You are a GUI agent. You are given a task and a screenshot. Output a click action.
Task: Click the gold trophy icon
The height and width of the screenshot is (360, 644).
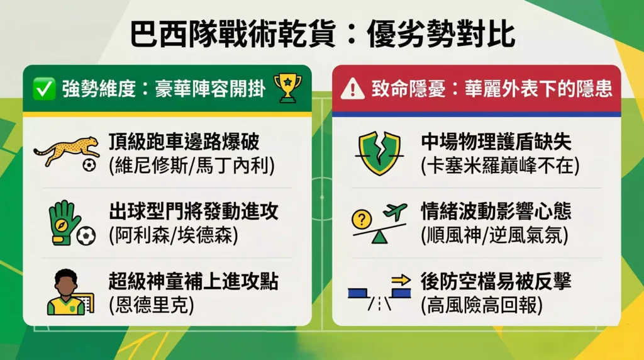pos(287,88)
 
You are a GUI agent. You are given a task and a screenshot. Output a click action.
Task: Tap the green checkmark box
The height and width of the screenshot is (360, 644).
pos(43,88)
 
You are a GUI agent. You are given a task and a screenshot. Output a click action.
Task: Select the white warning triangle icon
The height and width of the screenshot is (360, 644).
pos(352,89)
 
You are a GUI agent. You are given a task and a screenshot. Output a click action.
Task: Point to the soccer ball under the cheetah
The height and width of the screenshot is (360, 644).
pos(89,165)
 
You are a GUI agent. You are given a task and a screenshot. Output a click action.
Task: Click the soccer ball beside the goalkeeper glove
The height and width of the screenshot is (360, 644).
pos(86,236)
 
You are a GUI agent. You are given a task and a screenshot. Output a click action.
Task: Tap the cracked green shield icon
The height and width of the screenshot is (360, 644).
pos(379,153)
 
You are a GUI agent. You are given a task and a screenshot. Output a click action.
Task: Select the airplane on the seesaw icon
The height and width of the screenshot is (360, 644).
pos(395,212)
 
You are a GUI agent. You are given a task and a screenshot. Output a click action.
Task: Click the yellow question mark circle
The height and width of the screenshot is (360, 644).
pos(362,219)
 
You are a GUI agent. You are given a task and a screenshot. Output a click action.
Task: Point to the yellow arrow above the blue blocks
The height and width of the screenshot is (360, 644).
pos(401,280)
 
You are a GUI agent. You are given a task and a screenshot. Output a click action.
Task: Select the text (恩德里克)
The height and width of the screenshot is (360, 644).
pos(152,305)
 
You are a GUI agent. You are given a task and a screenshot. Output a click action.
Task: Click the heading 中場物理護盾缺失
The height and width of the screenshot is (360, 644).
pos(496,142)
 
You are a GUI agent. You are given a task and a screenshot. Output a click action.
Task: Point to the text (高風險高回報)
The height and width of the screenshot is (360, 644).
pos(482,305)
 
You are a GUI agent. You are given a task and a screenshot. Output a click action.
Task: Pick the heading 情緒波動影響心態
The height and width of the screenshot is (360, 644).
pos(496,211)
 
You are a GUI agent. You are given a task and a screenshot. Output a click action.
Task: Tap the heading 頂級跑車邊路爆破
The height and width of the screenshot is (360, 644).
pos(184,142)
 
